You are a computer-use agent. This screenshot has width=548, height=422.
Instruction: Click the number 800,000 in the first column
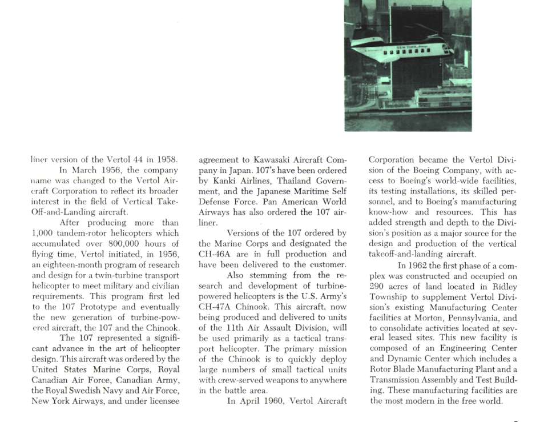tap(108, 243)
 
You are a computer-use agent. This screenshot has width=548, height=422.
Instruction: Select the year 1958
tap(167, 159)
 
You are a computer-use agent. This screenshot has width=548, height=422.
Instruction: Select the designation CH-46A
tap(216, 254)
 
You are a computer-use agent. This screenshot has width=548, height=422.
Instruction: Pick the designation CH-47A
tap(216, 306)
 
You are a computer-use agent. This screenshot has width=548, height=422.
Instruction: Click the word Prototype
tap(98, 307)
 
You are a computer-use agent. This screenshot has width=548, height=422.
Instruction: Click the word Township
tap(389, 297)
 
